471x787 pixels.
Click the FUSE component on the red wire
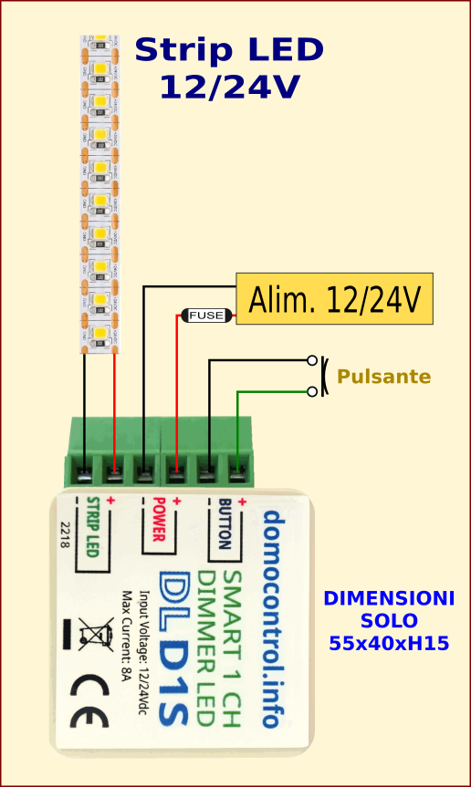point(206,316)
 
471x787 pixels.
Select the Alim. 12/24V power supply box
point(334,298)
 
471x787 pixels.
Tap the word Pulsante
point(383,377)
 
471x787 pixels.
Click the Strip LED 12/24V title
point(228,68)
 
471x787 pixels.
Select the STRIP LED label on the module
point(92,528)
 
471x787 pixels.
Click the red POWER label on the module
point(158,521)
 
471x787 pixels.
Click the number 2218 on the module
point(65,534)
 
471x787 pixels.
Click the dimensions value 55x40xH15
point(389,643)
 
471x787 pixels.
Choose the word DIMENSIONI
point(389,599)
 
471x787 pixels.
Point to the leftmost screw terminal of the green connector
point(84,473)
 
